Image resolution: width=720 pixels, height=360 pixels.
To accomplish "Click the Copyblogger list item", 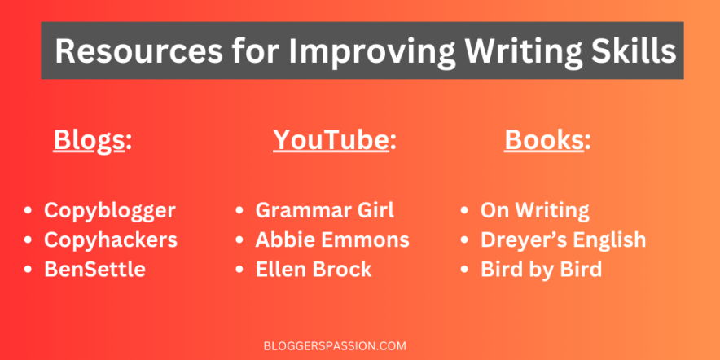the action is pos(110,211).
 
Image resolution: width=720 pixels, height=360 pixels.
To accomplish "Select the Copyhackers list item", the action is pos(111,240).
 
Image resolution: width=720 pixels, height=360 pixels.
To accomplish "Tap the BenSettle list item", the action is pos(94,269).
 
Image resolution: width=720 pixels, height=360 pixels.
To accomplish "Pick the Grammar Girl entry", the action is pos(325,210).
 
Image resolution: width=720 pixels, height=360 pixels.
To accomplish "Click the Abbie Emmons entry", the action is pos(332,239).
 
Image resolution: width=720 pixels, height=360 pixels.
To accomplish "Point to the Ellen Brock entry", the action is pos(314,269).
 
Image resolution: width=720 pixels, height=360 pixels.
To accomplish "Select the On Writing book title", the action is pos(535,211).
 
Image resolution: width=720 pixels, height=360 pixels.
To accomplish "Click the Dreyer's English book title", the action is pos(564,240).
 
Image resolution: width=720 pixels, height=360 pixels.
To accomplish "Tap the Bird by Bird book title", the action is pos(542,270).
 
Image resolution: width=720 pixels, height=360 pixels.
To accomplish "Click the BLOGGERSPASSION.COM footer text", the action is pos(336,346).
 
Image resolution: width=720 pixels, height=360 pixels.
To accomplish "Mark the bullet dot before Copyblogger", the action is pos(28,211).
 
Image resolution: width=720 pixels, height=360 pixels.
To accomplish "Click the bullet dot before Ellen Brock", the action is pos(239,270).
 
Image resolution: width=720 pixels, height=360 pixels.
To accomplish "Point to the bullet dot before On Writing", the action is pos(465,211).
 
